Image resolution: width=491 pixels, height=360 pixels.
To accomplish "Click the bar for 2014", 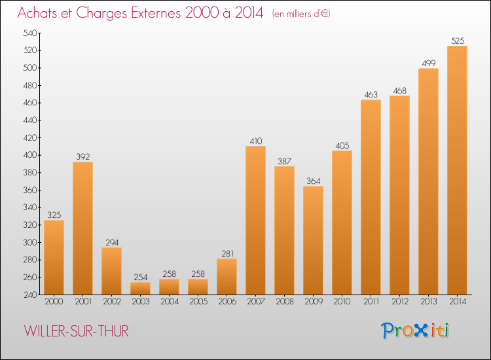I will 457,170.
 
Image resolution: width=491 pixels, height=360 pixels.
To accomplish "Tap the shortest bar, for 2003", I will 140,288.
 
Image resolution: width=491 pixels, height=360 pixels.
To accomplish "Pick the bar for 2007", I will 255,220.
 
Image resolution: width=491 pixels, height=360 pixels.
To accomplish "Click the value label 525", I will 457,41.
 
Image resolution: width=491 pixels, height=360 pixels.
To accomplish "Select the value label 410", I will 255,141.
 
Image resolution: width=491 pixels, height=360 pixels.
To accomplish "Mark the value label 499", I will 428,63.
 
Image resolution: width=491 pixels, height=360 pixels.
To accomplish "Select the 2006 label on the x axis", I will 227,302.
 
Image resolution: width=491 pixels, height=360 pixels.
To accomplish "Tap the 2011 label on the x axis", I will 371,302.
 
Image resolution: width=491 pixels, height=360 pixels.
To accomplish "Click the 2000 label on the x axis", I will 54,302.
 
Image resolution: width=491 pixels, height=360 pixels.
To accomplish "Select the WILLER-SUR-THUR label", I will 77,332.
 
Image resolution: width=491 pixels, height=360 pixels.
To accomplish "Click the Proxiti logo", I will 415,331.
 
